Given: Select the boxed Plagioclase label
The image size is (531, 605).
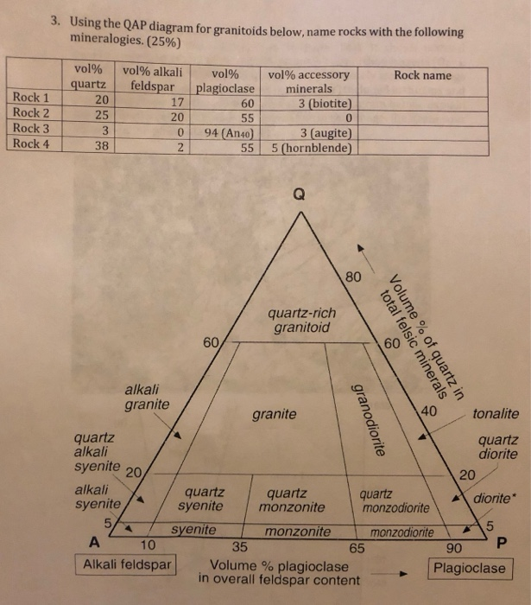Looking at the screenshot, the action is [x=469, y=568].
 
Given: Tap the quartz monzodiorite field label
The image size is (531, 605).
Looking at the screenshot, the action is [x=394, y=499].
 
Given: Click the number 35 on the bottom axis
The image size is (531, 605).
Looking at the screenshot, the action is [x=240, y=546].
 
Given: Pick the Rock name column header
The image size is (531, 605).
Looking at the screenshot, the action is [x=422, y=75].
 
